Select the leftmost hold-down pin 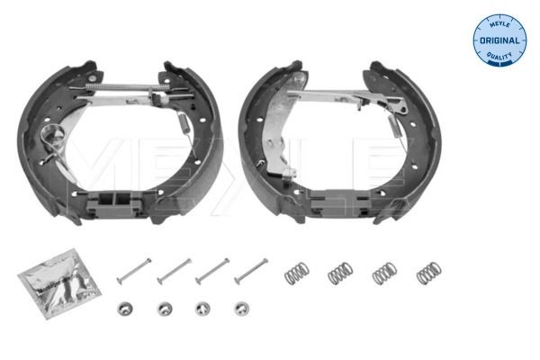[x=134, y=268]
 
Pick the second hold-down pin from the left [x=174, y=268]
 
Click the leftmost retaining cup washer [x=125, y=309]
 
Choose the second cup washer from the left [x=164, y=309]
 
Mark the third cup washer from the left [x=202, y=309]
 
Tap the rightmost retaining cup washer [x=240, y=309]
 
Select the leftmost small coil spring [x=297, y=271]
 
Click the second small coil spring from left [x=340, y=271]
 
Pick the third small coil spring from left [x=384, y=271]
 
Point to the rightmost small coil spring [x=427, y=271]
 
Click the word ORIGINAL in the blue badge [x=500, y=40]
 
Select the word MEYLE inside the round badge [x=500, y=24]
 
